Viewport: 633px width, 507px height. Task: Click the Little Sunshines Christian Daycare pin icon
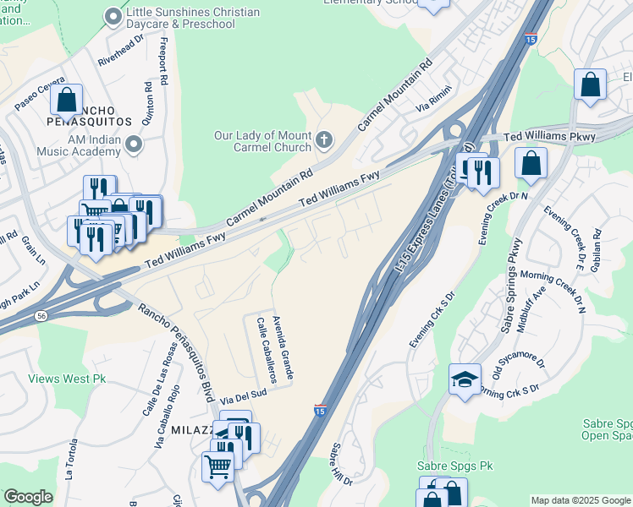113,16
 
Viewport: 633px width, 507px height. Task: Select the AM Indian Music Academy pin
133,145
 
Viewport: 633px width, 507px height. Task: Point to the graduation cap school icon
465,379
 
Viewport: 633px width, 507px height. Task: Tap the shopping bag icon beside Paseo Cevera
66,100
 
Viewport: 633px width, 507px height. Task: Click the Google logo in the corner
28,497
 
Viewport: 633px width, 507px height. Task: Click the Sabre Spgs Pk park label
454,466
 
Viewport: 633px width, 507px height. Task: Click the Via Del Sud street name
244,395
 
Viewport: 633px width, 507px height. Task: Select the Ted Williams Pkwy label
549,137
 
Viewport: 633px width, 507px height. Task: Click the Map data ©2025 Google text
580,499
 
